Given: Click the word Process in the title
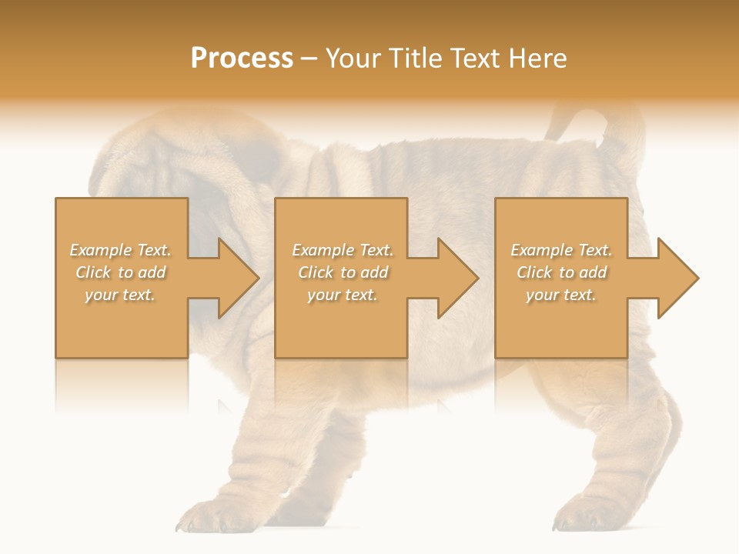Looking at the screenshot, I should pos(242,58).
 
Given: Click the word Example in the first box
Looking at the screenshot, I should pos(101,250).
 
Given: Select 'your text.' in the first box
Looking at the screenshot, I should pos(120,295).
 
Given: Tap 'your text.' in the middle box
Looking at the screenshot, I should pos(342,295).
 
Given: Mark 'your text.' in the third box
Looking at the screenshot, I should pos(560,295).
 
